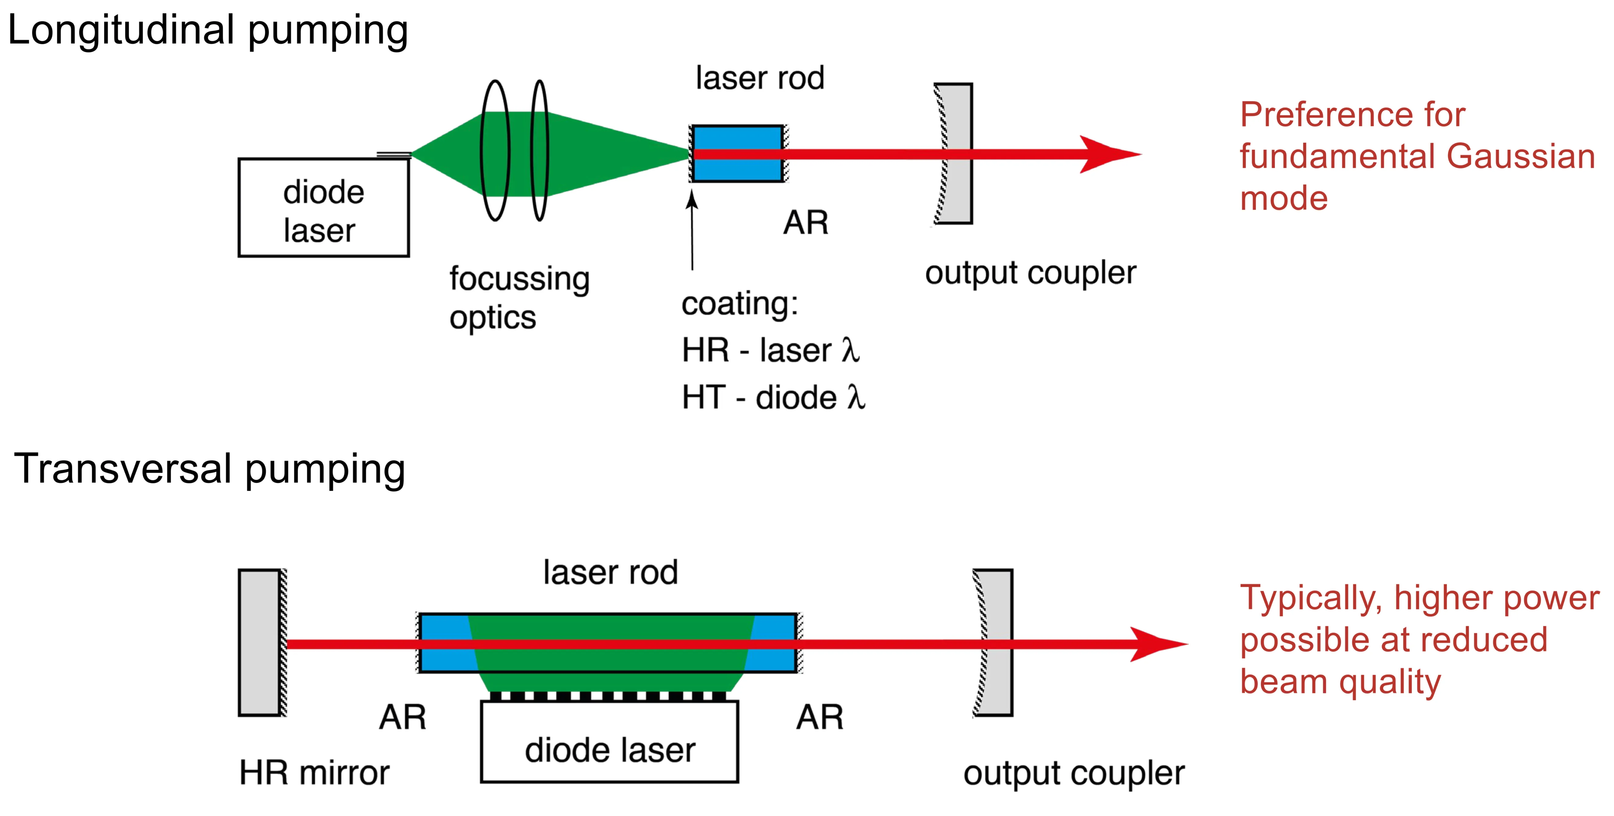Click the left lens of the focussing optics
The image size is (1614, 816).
tap(495, 150)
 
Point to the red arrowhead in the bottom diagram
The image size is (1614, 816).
tap(1156, 644)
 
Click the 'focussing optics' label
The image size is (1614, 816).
tap(519, 298)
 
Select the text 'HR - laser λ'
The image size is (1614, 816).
tap(771, 350)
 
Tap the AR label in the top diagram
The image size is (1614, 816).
tap(806, 222)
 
